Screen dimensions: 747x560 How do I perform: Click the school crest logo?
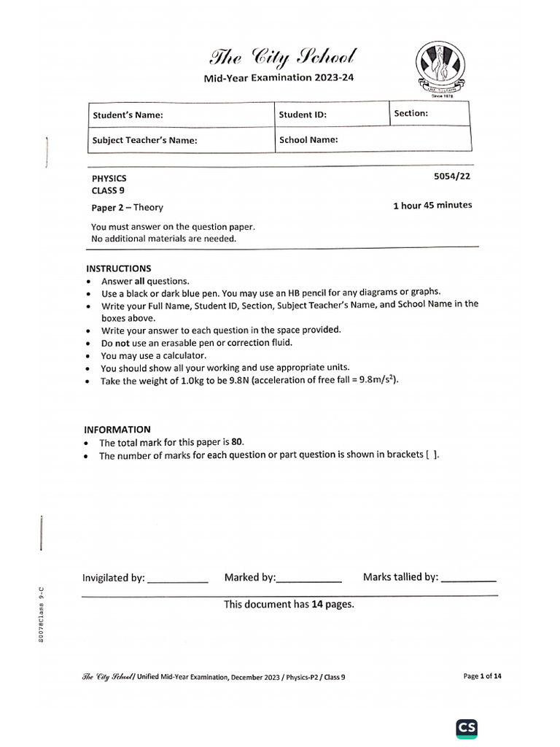(x=438, y=69)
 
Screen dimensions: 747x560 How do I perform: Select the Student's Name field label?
(x=127, y=115)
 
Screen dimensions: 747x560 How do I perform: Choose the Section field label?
(x=411, y=113)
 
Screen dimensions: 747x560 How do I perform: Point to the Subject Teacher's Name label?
(x=144, y=140)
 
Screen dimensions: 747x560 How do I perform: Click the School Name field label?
(x=308, y=139)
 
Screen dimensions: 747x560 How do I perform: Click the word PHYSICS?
(x=109, y=178)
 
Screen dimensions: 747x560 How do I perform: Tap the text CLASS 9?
(x=107, y=191)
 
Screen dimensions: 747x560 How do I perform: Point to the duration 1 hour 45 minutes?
(x=432, y=206)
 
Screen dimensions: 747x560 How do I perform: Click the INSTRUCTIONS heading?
(x=119, y=268)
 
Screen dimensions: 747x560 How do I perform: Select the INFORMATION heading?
(x=118, y=430)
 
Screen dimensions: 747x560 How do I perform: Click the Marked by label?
(x=249, y=578)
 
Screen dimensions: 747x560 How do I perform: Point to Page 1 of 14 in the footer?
(x=482, y=676)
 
